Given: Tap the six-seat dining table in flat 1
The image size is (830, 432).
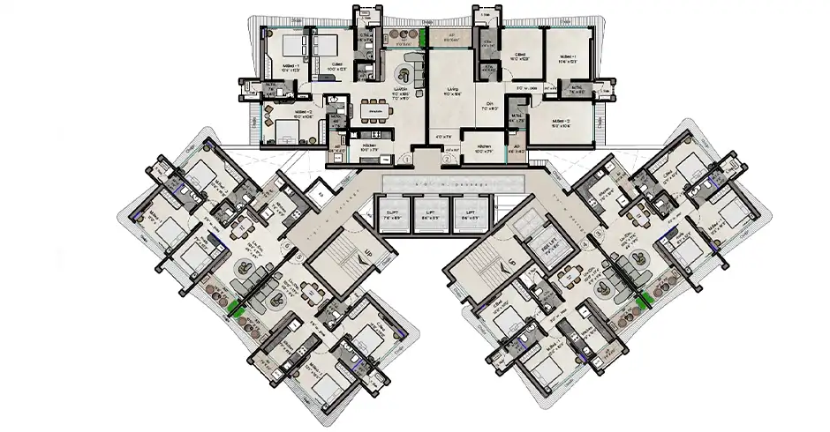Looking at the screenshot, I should tap(375, 111).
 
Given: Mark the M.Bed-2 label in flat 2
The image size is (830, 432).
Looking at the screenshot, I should tap(564, 122).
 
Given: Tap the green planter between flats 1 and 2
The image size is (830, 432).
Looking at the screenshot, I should tap(424, 37).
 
